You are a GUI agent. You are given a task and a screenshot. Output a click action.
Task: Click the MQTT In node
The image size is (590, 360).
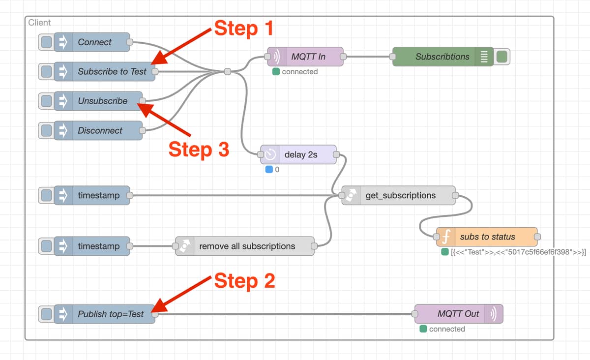pyautogui.click(x=308, y=57)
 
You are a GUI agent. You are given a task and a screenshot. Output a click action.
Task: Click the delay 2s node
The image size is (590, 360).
pyautogui.click(x=300, y=155)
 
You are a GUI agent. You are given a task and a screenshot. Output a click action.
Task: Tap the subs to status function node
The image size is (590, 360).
pyautogui.click(x=487, y=237)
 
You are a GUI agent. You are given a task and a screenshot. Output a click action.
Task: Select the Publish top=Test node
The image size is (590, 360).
pyautogui.click(x=110, y=314)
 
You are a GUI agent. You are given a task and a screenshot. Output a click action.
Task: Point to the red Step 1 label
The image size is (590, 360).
pyautogui.click(x=243, y=29)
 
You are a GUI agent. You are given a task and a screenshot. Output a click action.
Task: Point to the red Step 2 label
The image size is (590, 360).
pyautogui.click(x=244, y=281)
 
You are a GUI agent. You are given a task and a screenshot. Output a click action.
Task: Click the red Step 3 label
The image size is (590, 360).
pyautogui.click(x=199, y=150)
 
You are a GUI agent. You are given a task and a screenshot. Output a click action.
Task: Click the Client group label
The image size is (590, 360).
pyautogui.click(x=39, y=23)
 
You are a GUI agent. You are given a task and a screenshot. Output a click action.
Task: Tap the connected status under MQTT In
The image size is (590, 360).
pyautogui.click(x=299, y=72)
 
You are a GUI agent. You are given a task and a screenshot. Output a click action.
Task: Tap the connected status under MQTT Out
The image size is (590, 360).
pyautogui.click(x=446, y=329)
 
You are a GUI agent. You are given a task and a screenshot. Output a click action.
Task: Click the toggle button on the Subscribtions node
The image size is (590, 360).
pyautogui.click(x=502, y=57)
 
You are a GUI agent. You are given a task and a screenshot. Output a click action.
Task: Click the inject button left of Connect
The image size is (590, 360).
pyautogui.click(x=46, y=42)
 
